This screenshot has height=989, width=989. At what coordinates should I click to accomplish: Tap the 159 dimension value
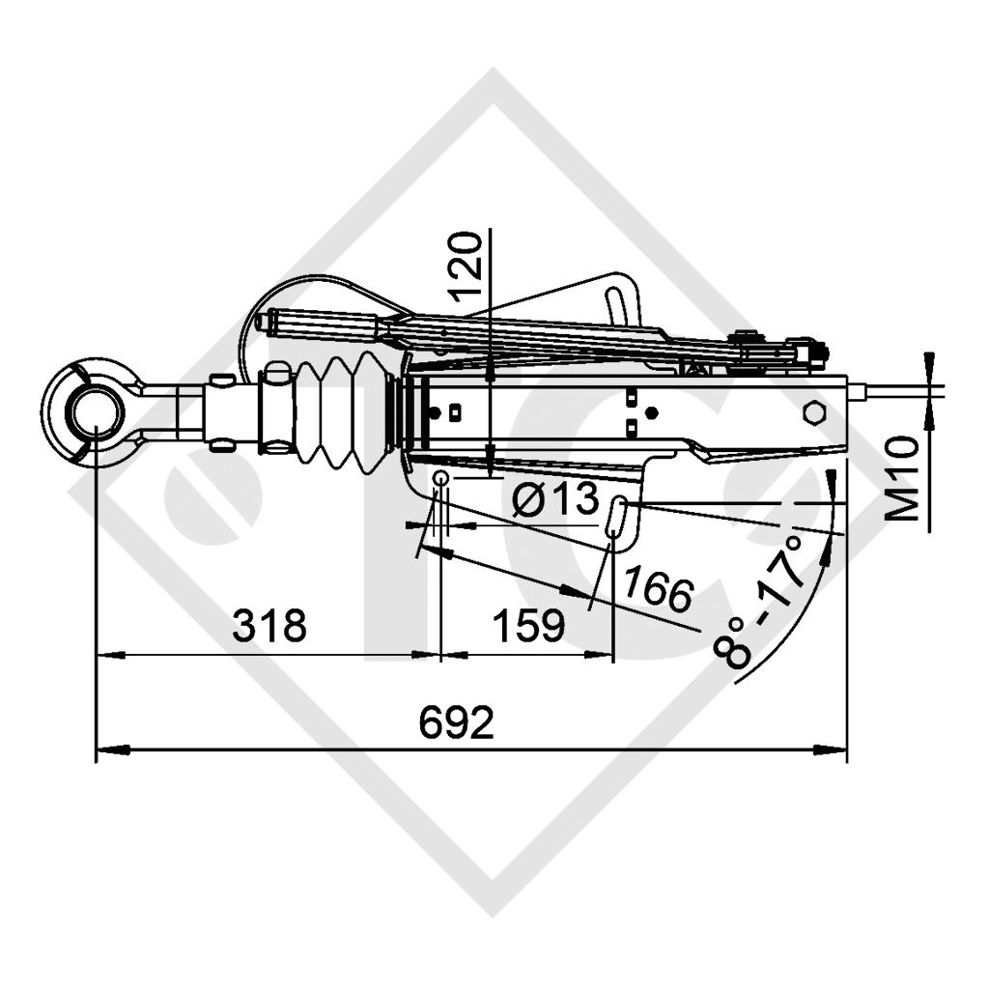[528, 626]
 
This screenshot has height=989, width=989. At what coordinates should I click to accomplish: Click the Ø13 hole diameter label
[554, 500]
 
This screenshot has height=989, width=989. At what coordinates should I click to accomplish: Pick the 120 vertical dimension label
[466, 266]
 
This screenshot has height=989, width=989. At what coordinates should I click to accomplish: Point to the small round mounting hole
[439, 479]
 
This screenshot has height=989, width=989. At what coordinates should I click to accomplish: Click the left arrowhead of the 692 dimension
[106, 749]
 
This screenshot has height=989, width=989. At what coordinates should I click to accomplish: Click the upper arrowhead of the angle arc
[830, 479]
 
